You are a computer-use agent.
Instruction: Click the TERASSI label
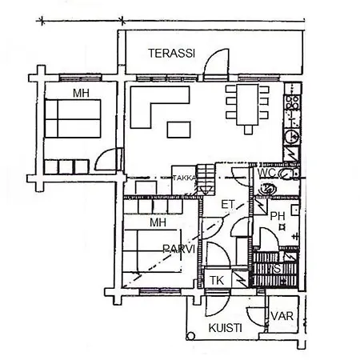172,54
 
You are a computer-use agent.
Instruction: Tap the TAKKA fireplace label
184,178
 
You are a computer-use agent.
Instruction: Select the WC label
266,173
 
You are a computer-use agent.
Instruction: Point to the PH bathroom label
278,216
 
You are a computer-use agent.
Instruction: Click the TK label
217,281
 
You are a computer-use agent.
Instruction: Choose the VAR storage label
282,316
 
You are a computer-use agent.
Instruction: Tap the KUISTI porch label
226,328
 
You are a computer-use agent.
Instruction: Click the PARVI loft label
178,249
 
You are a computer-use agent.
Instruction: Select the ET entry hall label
228,205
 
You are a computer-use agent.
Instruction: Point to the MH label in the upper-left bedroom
81,94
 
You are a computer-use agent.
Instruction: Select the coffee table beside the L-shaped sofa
178,130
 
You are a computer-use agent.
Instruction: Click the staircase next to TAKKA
206,179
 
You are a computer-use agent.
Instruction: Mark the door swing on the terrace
216,64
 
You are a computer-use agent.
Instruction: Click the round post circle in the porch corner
190,336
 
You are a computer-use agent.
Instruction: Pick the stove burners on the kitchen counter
292,102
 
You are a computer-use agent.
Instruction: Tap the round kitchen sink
291,136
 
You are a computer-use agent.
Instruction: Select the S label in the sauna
278,269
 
